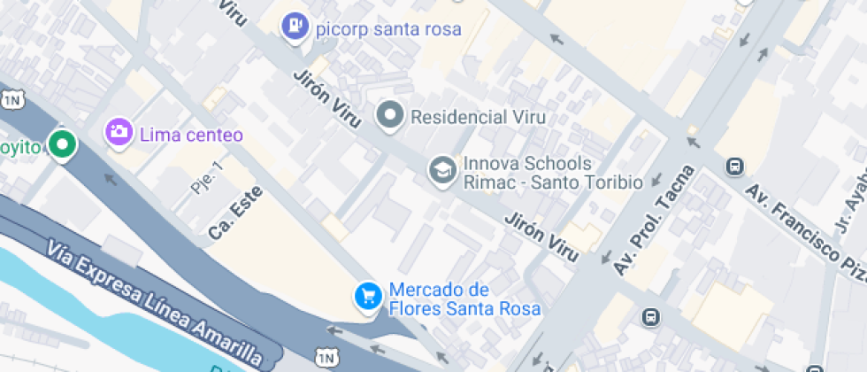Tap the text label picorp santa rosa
(x=388, y=29)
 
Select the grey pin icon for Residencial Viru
(x=390, y=114)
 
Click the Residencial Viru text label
(x=479, y=116)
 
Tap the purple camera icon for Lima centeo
(x=119, y=134)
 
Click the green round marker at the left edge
(x=61, y=144)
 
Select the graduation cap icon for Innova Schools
(x=441, y=171)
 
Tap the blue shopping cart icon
(x=367, y=297)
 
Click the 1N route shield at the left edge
(x=12, y=99)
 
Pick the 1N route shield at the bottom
(x=325, y=356)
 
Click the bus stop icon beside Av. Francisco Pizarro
(x=734, y=166)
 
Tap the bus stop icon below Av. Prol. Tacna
(x=651, y=316)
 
